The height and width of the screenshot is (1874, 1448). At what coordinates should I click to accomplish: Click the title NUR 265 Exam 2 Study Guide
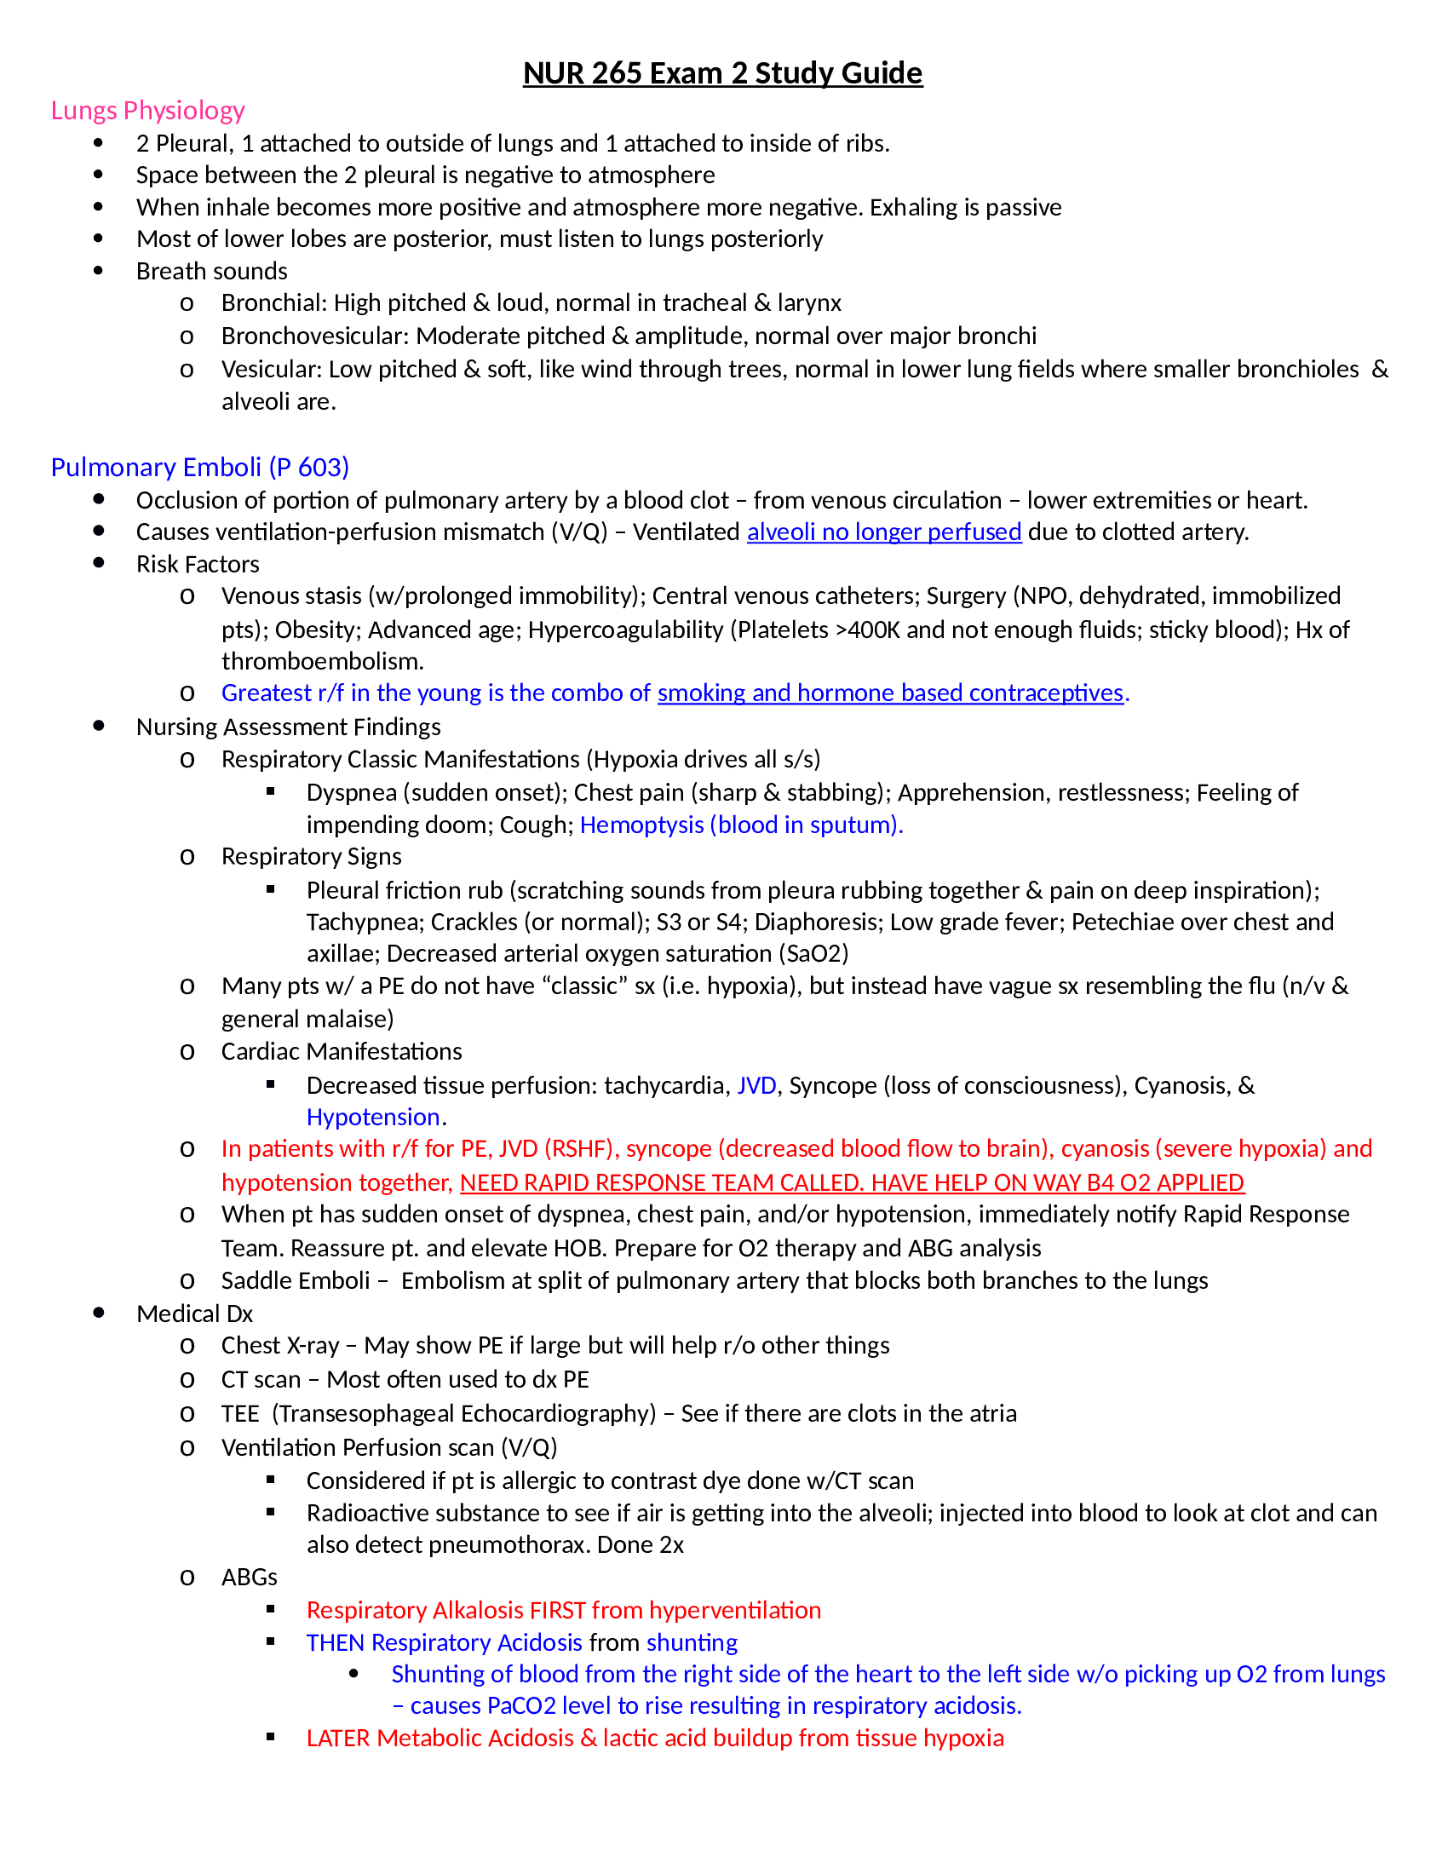pyautogui.click(x=722, y=73)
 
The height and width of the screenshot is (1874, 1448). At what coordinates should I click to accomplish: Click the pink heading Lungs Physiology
pyautogui.click(x=147, y=111)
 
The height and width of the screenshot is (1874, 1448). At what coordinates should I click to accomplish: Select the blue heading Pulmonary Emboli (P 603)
pyautogui.click(x=199, y=467)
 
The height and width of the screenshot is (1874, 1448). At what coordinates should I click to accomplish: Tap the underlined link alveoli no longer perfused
pyautogui.click(x=883, y=532)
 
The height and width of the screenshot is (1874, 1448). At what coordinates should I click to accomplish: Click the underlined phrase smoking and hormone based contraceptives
pyautogui.click(x=889, y=693)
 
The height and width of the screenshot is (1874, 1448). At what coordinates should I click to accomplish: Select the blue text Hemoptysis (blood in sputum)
pyautogui.click(x=740, y=825)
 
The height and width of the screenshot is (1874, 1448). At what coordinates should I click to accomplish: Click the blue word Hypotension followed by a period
pyautogui.click(x=373, y=1118)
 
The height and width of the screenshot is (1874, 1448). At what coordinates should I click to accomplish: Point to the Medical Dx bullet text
pyautogui.click(x=194, y=1314)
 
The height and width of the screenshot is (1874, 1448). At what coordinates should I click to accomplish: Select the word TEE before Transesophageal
pyautogui.click(x=239, y=1413)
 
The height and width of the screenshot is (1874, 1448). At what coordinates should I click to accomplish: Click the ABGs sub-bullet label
pyautogui.click(x=249, y=1577)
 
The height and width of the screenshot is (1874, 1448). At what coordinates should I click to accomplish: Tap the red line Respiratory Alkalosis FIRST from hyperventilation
pyautogui.click(x=563, y=1610)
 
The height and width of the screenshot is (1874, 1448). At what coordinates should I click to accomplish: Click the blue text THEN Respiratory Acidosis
pyautogui.click(x=444, y=1642)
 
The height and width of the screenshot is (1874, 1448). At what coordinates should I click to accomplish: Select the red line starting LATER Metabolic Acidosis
pyautogui.click(x=654, y=1738)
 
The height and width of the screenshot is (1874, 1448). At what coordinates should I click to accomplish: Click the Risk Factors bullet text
pyautogui.click(x=198, y=564)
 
